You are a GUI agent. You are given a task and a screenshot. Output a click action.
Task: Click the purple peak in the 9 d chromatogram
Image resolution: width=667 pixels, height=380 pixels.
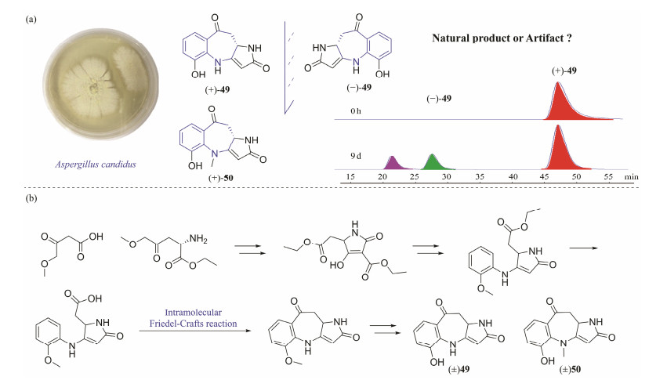(x=393, y=163)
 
